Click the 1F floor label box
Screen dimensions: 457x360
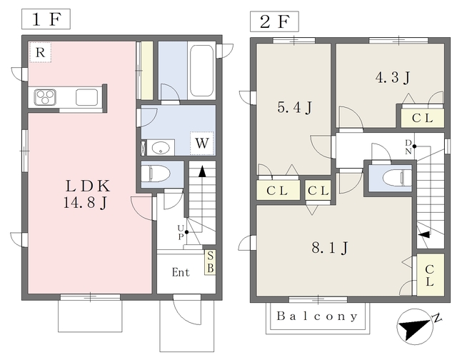click(x=46, y=19)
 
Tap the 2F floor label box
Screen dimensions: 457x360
click(x=274, y=21)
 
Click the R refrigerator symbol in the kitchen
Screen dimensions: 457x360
click(x=40, y=52)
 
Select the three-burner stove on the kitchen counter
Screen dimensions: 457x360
click(x=45, y=97)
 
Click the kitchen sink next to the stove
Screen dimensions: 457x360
click(x=86, y=97)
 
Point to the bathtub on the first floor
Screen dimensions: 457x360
click(x=201, y=71)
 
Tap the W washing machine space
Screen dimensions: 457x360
click(x=201, y=143)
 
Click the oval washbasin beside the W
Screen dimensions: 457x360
click(x=161, y=148)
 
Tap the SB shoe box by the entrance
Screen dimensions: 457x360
click(x=210, y=262)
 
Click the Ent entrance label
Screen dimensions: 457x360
click(x=181, y=272)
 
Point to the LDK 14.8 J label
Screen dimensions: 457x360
click(x=87, y=194)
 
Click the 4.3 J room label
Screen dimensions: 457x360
click(x=393, y=78)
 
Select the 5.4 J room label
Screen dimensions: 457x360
click(x=295, y=107)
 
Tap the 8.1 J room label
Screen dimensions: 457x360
click(x=330, y=248)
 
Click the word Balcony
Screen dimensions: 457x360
click(x=317, y=316)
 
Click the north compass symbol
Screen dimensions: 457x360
click(x=416, y=326)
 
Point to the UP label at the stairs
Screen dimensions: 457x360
click(x=181, y=232)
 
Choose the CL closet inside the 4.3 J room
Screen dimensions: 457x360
click(x=422, y=118)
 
